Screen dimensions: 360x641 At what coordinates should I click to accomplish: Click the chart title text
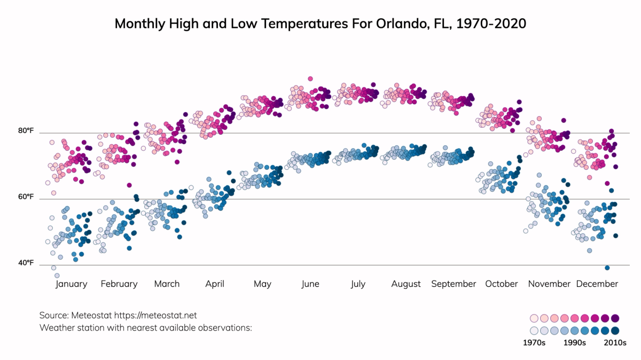click(x=320, y=24)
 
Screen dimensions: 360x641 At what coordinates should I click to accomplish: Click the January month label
click(x=71, y=284)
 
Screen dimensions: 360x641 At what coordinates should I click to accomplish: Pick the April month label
click(x=215, y=284)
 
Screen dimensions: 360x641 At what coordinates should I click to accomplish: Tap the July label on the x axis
click(x=358, y=284)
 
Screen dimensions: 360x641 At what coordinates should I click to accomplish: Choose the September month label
click(x=454, y=284)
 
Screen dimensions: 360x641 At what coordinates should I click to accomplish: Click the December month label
click(x=597, y=284)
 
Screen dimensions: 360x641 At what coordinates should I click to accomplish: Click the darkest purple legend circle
click(x=615, y=318)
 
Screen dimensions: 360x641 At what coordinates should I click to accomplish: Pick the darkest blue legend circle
click(x=615, y=330)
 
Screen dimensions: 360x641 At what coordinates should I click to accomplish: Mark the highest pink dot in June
click(x=310, y=79)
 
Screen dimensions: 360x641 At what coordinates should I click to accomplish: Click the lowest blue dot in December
click(x=607, y=268)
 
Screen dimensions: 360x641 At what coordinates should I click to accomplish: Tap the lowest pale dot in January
click(x=57, y=276)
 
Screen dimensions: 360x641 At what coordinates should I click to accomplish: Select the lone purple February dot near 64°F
click(x=129, y=185)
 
